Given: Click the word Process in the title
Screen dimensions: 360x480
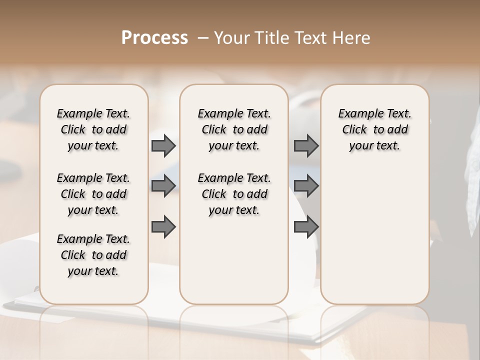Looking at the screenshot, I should point(154,38).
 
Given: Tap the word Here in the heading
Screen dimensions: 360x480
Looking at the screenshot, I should point(352,38).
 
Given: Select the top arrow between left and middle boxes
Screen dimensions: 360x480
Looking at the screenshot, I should point(163,146).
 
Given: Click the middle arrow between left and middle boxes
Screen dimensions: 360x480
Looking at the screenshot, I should point(163,186).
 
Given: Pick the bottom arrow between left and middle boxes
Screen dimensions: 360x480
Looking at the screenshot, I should point(163,227).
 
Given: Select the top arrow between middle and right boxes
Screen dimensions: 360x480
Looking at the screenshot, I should point(306,146).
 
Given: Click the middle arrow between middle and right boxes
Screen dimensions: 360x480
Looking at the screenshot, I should point(306,186).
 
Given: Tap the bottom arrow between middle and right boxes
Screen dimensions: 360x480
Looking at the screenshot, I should point(306,227).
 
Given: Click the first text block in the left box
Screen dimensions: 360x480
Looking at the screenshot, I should point(93,129).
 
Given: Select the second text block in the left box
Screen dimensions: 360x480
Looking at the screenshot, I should point(93,194).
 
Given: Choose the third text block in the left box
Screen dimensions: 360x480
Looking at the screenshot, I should point(93,255).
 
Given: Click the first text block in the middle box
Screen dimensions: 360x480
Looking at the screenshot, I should point(234,129).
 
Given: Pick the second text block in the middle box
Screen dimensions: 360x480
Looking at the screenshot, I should point(234,194).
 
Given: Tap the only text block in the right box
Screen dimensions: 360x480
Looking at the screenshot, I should point(374,129).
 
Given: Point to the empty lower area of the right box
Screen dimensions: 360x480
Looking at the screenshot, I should point(374,235).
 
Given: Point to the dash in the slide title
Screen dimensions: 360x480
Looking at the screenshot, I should point(203,38).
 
